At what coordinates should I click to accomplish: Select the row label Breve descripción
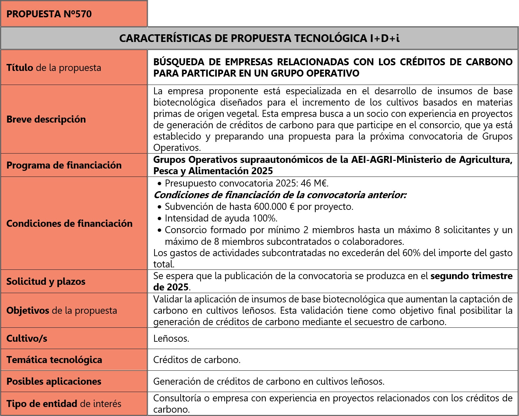coord(46,119)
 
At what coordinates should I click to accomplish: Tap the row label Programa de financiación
coord(64,165)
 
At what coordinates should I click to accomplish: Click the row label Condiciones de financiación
coord(69,223)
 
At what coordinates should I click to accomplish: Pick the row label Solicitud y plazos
coord(46,281)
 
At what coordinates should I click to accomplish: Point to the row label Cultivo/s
coord(27,338)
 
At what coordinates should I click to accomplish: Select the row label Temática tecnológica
coord(54,360)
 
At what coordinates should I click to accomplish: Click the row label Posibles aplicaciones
coord(54,381)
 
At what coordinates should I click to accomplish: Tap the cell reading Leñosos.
coord(171,339)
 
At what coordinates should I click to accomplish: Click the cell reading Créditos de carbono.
coord(197,360)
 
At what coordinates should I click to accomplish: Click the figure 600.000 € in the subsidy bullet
coord(274,207)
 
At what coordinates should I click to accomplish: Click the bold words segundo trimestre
coord(471,276)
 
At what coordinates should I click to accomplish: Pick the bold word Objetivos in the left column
coord(28,310)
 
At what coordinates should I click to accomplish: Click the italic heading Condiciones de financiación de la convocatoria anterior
coord(280,195)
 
